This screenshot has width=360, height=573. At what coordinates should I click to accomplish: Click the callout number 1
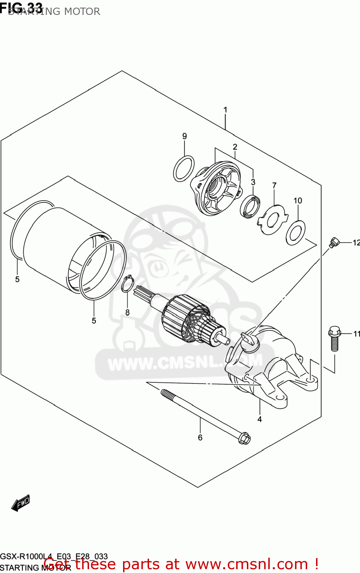(x=225, y=110)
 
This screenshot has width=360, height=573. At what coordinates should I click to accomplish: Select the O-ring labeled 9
(x=183, y=168)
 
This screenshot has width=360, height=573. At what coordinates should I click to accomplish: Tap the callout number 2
(x=235, y=147)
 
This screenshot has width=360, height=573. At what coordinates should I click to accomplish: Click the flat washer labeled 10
(x=295, y=233)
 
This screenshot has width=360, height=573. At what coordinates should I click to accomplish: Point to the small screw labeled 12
(x=334, y=242)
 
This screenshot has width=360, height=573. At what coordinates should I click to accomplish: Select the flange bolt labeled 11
(x=334, y=338)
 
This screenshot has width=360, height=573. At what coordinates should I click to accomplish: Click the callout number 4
(x=259, y=419)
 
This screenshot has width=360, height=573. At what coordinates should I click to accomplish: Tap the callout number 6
(x=200, y=437)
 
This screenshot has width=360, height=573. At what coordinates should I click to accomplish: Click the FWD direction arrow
(x=21, y=503)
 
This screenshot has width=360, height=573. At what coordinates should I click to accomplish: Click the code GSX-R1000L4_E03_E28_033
(x=54, y=557)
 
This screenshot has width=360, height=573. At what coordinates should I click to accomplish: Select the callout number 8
(x=127, y=312)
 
